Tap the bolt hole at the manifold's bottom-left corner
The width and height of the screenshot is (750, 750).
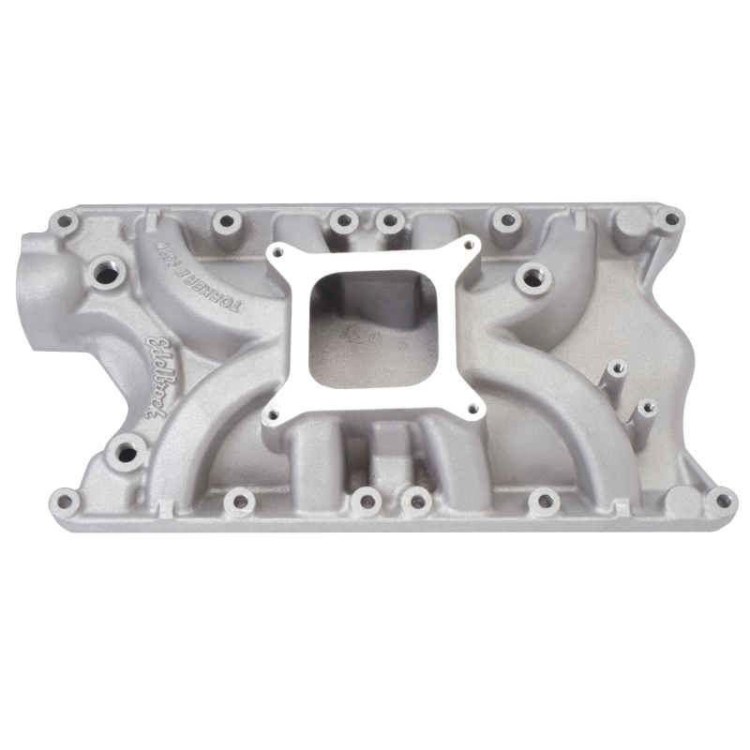click(x=63, y=497)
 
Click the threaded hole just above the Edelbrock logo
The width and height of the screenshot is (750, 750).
click(x=106, y=275)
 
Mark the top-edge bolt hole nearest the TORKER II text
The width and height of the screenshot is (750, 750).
click(x=224, y=222)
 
